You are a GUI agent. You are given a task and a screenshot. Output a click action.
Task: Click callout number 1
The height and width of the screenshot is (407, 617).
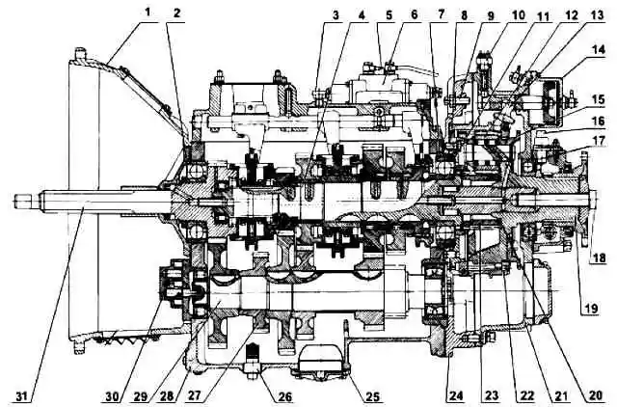tap(148, 13)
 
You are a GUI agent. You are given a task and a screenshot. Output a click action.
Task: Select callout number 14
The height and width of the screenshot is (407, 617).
tap(598, 50)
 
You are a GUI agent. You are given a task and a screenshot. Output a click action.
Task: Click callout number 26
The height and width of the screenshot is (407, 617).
tap(285, 396)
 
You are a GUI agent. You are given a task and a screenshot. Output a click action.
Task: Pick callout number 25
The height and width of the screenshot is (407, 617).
tap(374, 396)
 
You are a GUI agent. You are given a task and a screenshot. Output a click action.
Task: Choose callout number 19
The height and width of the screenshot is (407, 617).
tap(589, 309)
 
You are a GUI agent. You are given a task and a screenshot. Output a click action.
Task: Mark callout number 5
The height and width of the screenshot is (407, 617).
tap(389, 15)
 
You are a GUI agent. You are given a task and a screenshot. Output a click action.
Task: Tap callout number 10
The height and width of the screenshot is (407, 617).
tap(518, 15)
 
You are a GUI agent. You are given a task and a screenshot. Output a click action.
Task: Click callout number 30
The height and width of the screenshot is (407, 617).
tap(113, 396)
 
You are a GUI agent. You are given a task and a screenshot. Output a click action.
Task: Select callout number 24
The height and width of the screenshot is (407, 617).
tap(456, 395)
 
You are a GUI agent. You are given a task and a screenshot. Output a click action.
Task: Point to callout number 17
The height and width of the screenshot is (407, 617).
tap(598, 140)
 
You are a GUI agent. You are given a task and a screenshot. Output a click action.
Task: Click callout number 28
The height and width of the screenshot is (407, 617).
tap(167, 396)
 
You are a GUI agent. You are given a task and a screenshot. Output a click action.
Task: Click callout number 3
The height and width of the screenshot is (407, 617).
tap(335, 15)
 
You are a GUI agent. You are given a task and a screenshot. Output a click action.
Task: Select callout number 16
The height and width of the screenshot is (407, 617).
tap(598, 121)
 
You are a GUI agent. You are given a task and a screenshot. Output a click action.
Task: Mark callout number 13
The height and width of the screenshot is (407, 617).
tap(597, 15)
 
